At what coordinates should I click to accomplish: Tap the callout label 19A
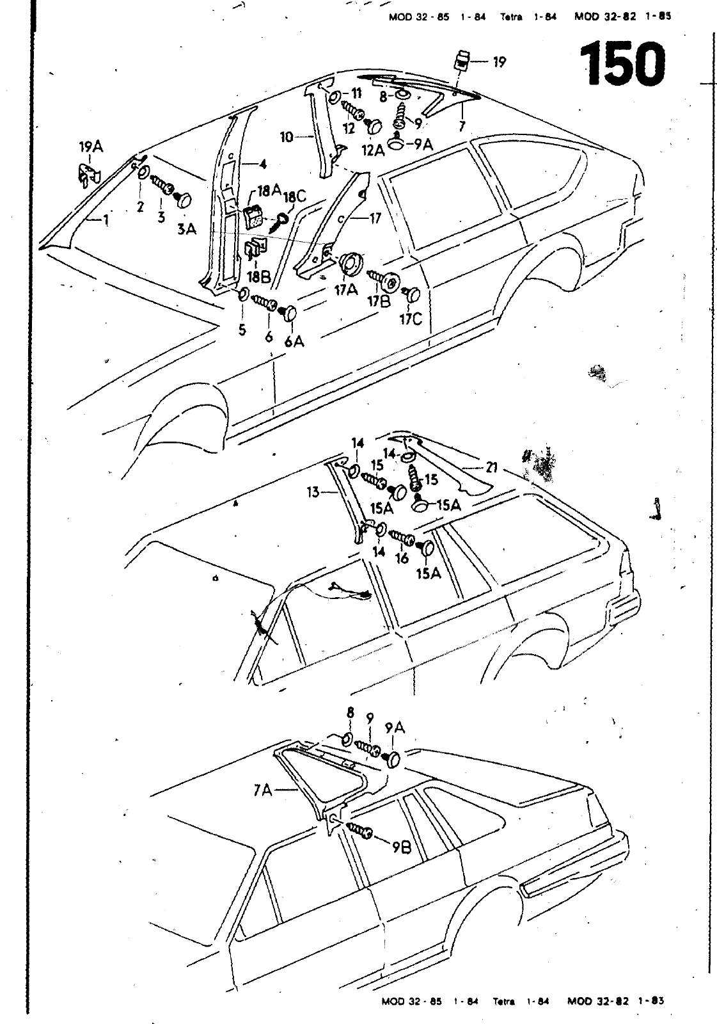coord(90,148)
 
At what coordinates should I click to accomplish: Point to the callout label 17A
coord(345,289)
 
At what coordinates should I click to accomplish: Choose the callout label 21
coord(491,468)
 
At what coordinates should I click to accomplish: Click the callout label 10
coord(287,136)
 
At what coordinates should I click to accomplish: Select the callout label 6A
coord(294,342)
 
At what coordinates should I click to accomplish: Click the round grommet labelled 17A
coord(351,263)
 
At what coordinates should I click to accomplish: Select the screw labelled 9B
coord(359,830)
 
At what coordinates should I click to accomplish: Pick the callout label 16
coord(402,558)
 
